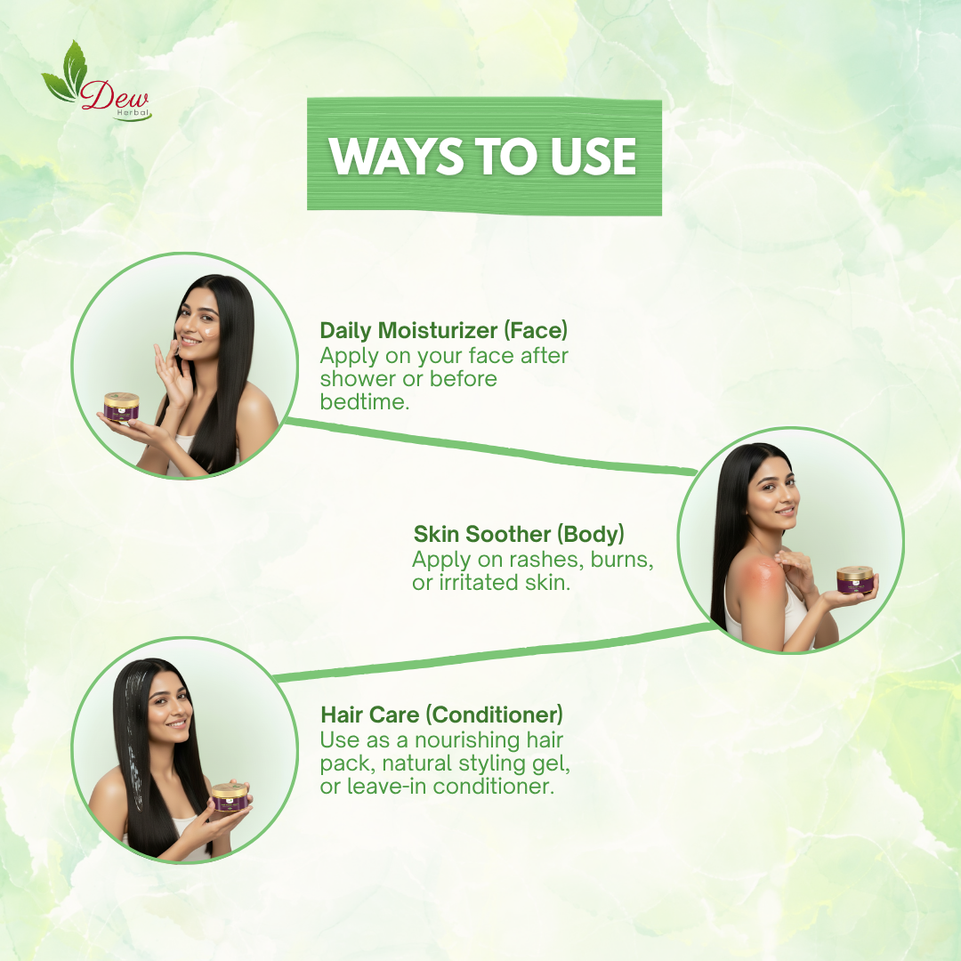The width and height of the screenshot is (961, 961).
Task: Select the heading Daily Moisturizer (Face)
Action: [x=443, y=330]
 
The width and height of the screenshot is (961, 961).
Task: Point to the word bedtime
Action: [x=366, y=402]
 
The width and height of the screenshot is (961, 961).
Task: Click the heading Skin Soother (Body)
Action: [x=519, y=534]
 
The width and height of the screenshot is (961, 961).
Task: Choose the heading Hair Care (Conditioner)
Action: [x=441, y=715]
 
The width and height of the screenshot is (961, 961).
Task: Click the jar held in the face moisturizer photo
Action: [x=122, y=407]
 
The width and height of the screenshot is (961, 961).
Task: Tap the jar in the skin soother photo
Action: [x=855, y=580]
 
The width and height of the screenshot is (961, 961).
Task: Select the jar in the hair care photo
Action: [x=229, y=796]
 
